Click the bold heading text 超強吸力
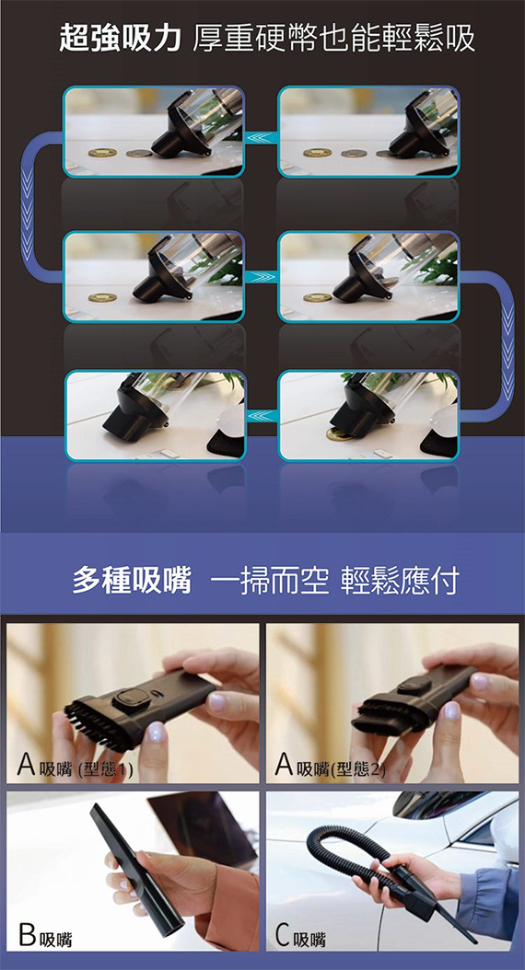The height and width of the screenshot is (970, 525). tap(120, 39)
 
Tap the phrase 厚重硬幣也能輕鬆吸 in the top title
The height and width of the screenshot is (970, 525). tap(334, 39)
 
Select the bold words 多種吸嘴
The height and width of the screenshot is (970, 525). tap(132, 581)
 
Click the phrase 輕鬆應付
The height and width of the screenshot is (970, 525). tap(400, 581)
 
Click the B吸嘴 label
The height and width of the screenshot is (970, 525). tap(45, 937)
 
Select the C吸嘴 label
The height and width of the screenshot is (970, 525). tap(300, 937)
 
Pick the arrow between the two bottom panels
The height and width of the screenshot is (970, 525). tap(261, 417)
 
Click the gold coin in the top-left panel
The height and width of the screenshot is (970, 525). tap(102, 152)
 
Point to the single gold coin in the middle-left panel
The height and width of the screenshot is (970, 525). tap(102, 297)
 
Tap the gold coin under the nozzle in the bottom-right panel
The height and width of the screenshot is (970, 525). tap(339, 434)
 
